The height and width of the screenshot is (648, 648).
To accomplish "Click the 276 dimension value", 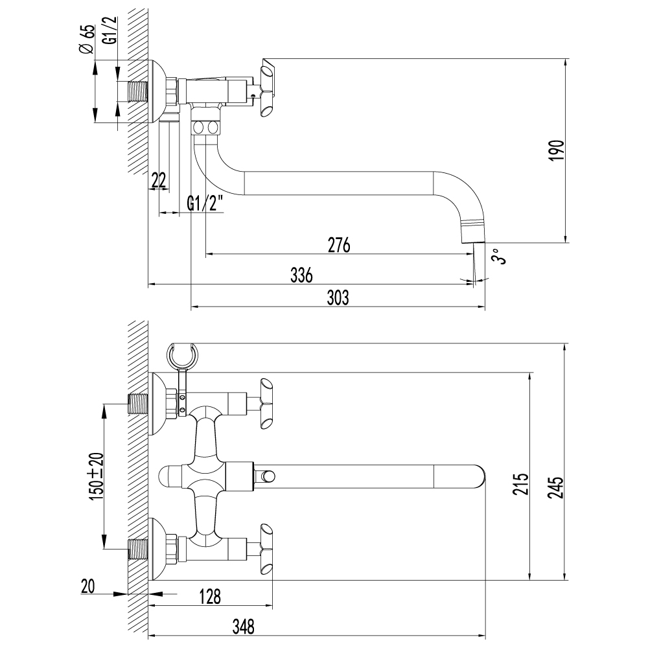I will (x=339, y=246).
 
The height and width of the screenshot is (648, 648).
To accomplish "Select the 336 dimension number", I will (x=301, y=275).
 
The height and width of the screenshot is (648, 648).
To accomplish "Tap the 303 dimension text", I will (x=338, y=298).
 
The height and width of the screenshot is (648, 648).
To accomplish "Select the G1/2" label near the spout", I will (x=205, y=203).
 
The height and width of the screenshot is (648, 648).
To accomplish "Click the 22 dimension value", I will (x=158, y=181).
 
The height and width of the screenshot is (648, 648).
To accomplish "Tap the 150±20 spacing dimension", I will (x=96, y=476).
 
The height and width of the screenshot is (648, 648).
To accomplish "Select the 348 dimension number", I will (x=241, y=627).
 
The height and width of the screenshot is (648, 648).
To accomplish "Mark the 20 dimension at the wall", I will (x=88, y=586).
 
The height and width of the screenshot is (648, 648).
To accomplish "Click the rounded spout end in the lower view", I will (x=478, y=477).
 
